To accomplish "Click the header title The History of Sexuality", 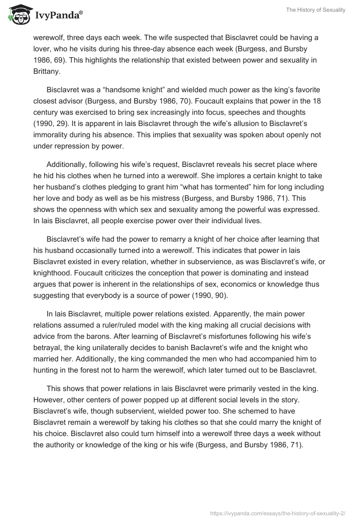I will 315,10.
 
